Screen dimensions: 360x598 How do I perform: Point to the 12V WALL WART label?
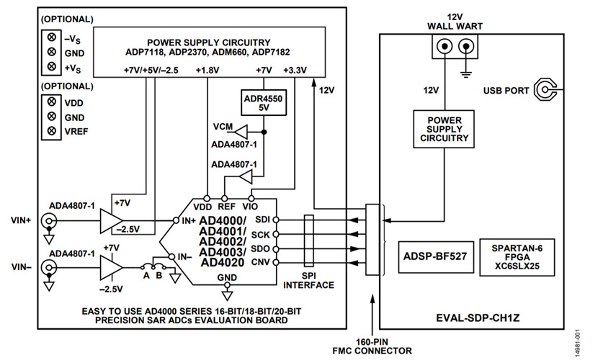453,22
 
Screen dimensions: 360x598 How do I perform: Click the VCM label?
223,127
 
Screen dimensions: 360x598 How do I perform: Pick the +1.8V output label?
208,71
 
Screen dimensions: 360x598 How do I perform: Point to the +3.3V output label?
295,71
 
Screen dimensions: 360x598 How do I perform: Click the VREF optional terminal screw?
51,130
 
